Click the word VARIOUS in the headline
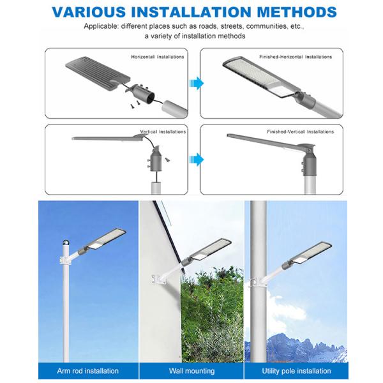(89, 12)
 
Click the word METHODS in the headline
(297, 12)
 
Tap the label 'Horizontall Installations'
(158, 57)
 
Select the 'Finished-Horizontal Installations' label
(296, 57)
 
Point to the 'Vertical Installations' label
(163, 131)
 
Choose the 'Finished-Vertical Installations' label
(301, 131)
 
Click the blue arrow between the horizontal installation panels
(197, 83)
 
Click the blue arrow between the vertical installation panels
(197, 160)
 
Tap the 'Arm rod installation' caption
(87, 371)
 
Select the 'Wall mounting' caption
(191, 371)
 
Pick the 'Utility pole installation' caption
(296, 371)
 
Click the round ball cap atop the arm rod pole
(66, 243)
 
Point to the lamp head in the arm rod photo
(106, 239)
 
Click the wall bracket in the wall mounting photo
(159, 279)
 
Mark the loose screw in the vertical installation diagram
(167, 160)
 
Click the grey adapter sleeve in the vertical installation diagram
(154, 159)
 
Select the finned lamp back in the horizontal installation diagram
(98, 73)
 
